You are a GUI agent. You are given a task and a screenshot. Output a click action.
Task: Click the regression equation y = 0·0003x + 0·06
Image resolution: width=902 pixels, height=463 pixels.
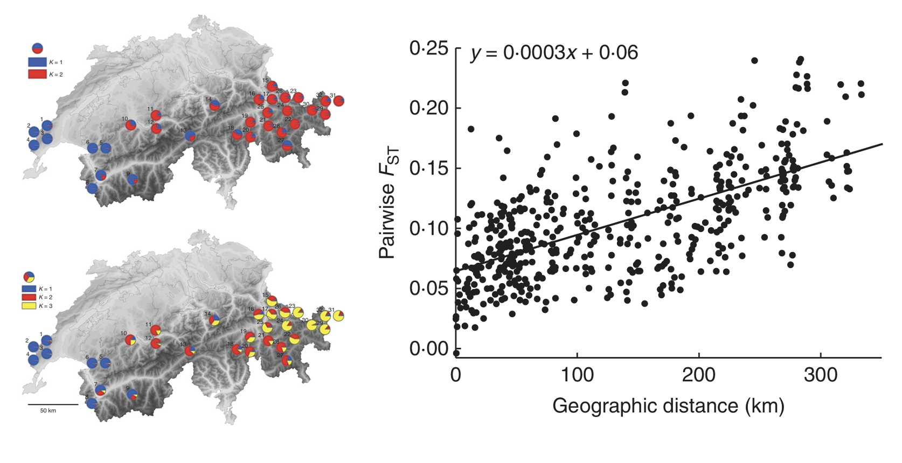(554, 53)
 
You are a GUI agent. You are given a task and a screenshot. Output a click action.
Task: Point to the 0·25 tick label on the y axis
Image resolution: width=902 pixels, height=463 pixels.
(428, 48)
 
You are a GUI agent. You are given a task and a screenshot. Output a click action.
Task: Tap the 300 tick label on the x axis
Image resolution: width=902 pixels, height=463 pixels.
(821, 375)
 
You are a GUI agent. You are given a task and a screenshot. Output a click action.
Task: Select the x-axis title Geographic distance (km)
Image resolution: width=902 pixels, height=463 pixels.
(668, 405)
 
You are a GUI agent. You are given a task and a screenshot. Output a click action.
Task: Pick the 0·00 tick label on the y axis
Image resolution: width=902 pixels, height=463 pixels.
(428, 349)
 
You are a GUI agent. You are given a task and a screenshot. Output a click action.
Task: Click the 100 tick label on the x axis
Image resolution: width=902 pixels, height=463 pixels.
(577, 375)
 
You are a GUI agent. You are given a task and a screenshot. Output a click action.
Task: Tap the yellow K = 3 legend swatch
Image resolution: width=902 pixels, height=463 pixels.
(29, 306)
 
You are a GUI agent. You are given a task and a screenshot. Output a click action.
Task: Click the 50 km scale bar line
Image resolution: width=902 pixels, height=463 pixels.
(53, 404)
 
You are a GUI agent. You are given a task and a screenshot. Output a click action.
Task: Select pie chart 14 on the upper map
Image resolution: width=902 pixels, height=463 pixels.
(214, 105)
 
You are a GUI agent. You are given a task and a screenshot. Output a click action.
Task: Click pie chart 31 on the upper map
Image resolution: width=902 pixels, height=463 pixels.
(338, 101)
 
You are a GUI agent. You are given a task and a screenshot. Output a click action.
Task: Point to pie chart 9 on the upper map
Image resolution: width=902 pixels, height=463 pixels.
(133, 179)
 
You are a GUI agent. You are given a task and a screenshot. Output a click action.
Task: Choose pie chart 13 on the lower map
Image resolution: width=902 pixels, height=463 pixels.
(190, 350)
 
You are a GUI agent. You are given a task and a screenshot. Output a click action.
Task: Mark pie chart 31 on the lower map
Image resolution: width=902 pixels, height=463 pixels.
(338, 316)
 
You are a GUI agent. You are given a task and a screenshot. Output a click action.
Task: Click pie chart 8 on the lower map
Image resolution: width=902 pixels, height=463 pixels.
(92, 403)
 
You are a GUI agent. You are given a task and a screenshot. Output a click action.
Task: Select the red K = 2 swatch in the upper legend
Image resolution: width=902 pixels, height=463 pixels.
(37, 74)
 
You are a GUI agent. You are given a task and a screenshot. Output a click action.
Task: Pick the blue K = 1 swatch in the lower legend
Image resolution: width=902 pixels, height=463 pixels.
(29, 289)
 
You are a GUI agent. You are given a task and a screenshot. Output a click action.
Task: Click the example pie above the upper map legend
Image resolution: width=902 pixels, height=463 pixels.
(38, 48)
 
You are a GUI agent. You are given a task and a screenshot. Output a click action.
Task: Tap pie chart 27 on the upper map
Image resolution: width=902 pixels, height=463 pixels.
(287, 145)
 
